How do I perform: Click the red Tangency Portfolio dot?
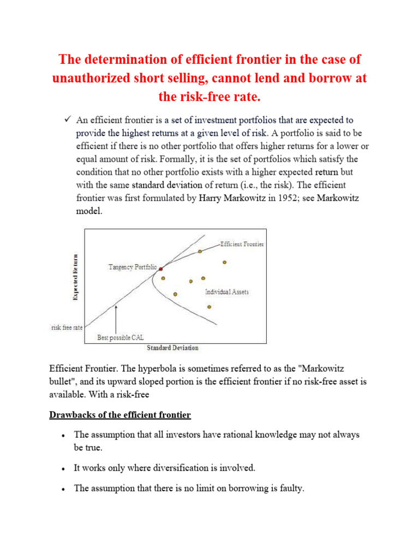[160, 269]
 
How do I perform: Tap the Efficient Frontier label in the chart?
[242, 244]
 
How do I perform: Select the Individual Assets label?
[227, 292]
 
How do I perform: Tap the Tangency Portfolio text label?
[133, 267]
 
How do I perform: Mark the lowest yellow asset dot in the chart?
[209, 307]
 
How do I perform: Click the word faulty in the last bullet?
[290, 489]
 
